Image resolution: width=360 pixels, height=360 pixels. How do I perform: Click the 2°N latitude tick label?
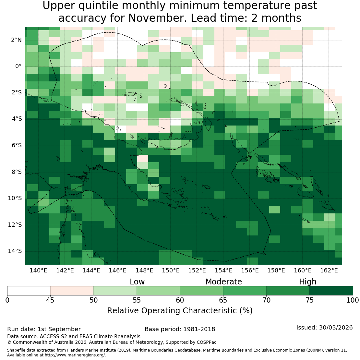pos(16,40)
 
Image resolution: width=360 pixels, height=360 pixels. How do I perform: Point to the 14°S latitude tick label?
pos(15,251)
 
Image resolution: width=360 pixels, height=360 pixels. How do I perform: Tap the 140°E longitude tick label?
pos(38,270)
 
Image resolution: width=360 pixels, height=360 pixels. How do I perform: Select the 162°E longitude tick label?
pos(329,270)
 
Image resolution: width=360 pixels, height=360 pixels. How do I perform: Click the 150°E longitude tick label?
pos(171,270)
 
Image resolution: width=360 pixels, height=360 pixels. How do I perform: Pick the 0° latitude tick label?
pos(18,66)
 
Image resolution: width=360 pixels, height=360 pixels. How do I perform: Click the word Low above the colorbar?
pos(137,282)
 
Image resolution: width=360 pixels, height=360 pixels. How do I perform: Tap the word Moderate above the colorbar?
pos(224,282)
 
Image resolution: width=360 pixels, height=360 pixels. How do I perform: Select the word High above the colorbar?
pos(308,282)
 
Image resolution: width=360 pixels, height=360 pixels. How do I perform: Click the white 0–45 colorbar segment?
pos(29,291)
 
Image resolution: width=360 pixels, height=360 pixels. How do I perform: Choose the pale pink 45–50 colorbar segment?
pos(72,291)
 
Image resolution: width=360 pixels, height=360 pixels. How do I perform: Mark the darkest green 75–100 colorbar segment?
pos(331,291)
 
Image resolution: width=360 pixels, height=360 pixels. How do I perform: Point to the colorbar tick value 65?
pos(223,300)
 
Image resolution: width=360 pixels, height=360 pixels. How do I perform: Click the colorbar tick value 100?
pos(353,300)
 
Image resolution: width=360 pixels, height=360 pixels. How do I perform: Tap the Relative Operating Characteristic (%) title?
pos(180,311)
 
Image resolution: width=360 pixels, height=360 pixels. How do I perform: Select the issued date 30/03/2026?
pos(336,327)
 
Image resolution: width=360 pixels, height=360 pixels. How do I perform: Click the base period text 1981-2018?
pos(199,329)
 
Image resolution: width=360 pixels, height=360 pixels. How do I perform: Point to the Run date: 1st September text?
pos(44,329)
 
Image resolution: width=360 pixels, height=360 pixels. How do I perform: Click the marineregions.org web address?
pos(75,355)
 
